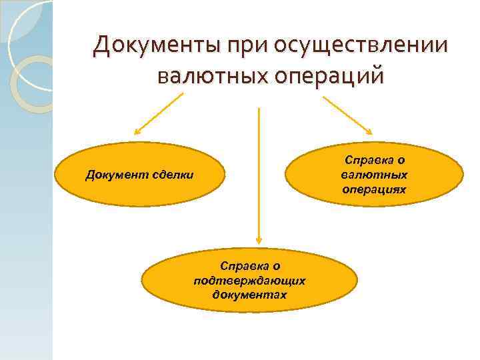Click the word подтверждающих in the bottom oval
click(249, 281)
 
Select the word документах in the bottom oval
click(249, 294)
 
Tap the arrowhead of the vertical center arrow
click(259, 240)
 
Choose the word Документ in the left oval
click(112, 175)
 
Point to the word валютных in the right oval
click(375, 175)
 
